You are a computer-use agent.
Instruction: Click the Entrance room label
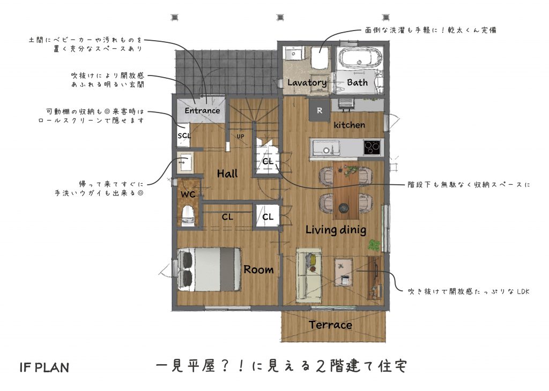(x=202, y=110)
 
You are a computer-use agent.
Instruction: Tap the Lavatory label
(x=307, y=83)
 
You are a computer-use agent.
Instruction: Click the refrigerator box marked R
(x=320, y=110)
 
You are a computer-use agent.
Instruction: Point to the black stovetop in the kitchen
(x=372, y=147)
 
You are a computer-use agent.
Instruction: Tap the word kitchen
(x=349, y=125)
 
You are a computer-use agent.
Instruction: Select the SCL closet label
(x=184, y=136)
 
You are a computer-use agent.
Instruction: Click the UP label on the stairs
(x=240, y=137)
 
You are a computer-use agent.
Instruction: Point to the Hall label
(x=227, y=174)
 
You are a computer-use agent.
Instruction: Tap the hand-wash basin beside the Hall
(x=184, y=163)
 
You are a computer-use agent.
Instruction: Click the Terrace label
(x=330, y=325)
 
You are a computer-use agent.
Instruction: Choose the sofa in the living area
(x=309, y=276)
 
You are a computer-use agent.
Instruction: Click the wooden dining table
(x=346, y=190)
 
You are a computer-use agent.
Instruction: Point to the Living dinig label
(x=336, y=230)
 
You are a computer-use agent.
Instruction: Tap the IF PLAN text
(x=44, y=367)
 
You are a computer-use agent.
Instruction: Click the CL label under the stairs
(x=268, y=161)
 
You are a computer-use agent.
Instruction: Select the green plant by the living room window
(x=374, y=244)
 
